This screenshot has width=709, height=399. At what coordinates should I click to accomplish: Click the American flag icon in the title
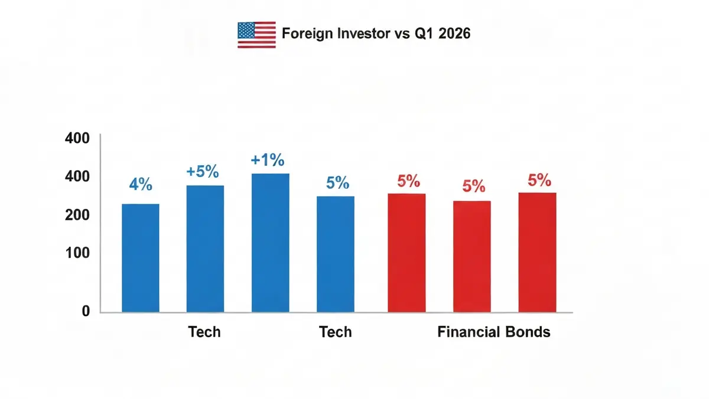256,35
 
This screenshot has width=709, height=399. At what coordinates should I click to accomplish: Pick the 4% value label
141,185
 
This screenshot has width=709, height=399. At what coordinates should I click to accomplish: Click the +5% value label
203,172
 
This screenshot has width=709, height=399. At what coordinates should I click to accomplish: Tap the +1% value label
268,160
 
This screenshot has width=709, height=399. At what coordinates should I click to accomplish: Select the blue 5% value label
337,183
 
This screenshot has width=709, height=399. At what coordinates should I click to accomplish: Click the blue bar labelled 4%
141,258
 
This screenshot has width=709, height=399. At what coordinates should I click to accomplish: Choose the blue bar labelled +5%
205,248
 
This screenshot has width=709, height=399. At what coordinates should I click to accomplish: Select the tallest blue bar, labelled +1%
271,243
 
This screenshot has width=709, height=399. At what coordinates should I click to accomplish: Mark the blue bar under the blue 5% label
336,254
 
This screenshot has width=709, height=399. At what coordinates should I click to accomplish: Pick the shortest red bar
472,256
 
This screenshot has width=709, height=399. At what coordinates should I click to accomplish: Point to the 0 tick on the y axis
86,311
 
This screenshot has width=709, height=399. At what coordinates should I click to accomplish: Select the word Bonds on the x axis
528,332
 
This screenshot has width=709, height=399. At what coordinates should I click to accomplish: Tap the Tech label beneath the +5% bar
204,332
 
